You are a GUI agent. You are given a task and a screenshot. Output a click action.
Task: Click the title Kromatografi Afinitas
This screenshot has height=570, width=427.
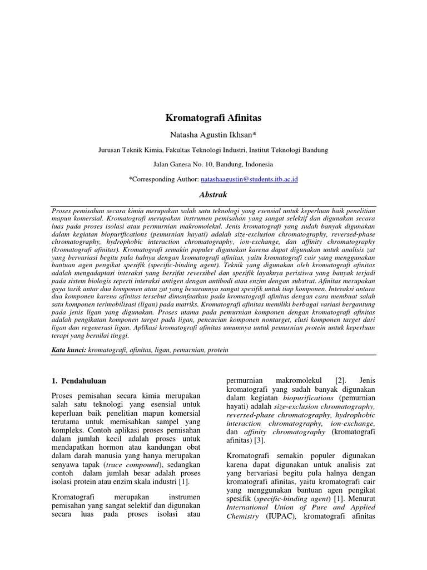tap(213, 118)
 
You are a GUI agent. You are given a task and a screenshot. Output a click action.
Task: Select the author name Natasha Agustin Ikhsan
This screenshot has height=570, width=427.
tap(213, 135)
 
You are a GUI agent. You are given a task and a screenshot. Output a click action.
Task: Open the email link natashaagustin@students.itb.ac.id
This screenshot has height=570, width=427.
tap(249, 179)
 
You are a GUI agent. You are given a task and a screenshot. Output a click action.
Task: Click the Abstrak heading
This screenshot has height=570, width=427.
tap(213, 195)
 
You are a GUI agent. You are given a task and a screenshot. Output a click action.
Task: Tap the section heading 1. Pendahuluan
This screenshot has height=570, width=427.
tap(78, 380)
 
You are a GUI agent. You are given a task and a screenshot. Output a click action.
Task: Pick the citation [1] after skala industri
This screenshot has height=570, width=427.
tap(185, 481)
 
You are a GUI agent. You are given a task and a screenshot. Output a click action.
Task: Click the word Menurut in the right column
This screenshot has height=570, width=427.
tap(362, 499)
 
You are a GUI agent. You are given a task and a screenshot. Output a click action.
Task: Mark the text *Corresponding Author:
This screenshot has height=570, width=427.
tap(163, 179)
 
